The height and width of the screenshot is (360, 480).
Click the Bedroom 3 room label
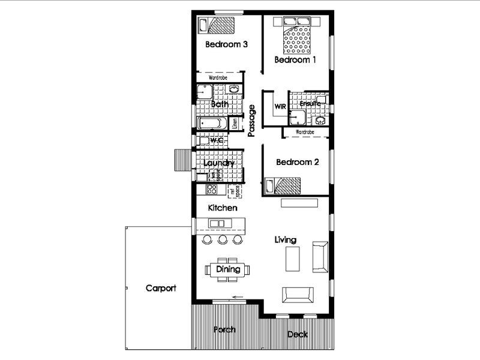[227, 44]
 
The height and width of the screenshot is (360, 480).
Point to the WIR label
[280, 106]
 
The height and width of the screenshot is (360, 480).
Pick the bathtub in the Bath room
[211, 124]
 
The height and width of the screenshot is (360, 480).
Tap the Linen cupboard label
[235, 123]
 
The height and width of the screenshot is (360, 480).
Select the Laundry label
[218, 163]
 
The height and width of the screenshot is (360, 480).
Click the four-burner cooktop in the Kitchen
[211, 190]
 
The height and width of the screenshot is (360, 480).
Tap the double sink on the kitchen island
[216, 224]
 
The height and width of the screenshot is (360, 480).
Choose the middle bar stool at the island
[223, 239]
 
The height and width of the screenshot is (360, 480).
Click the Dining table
[228, 269]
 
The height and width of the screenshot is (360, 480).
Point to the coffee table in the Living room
[292, 259]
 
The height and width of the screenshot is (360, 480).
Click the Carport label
[161, 288]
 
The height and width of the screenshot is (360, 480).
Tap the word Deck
[298, 334]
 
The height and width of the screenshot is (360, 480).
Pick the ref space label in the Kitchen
[238, 190]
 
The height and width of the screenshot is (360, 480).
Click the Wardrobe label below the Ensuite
[305, 131]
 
